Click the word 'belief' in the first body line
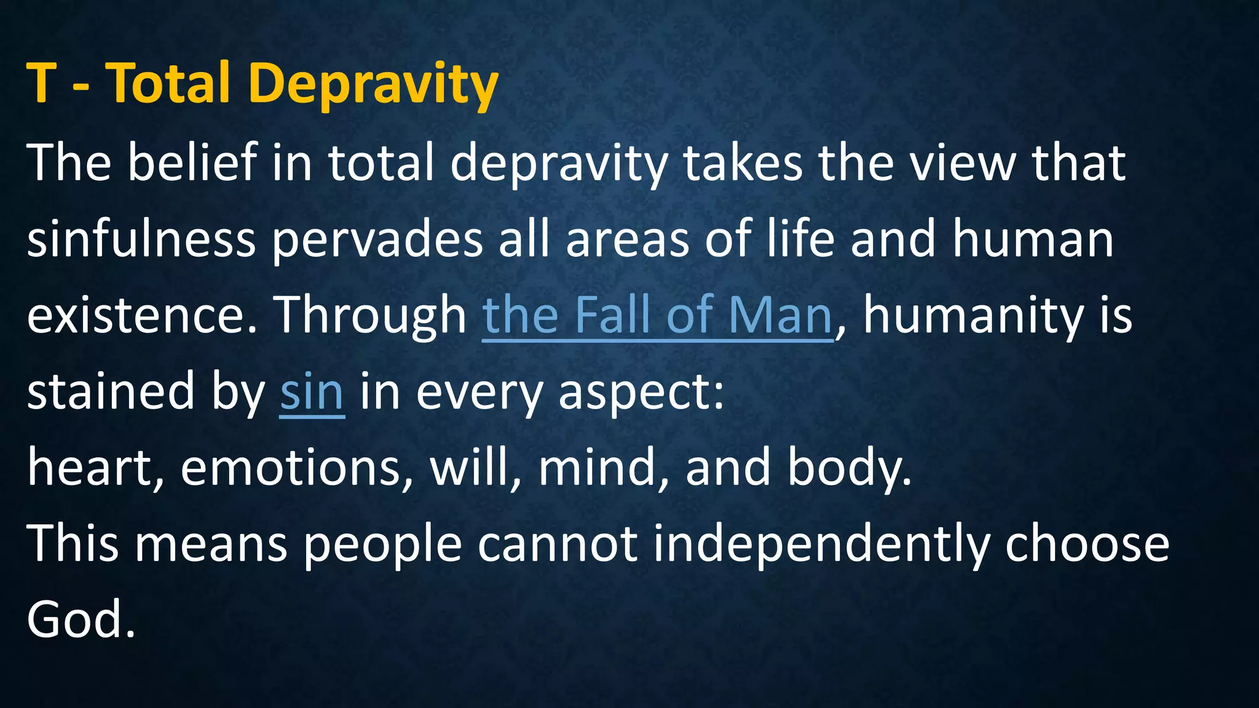click(x=192, y=162)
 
